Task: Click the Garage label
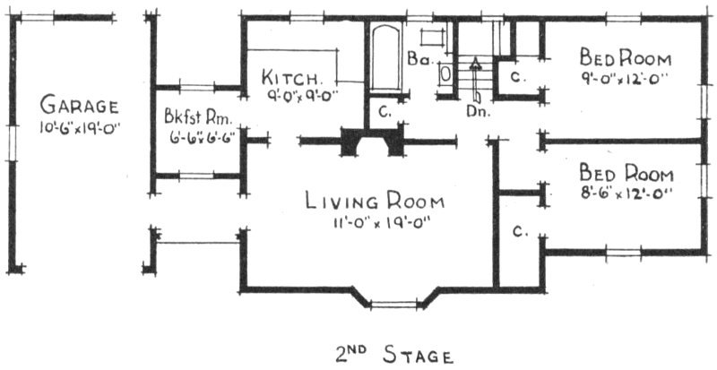pyautogui.click(x=79, y=105)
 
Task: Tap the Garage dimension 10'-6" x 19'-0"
pyautogui.click(x=80, y=127)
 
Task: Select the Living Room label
pyautogui.click(x=375, y=202)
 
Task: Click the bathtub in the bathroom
pyautogui.click(x=385, y=58)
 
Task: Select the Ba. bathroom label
pyautogui.click(x=418, y=59)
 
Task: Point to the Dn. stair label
pyautogui.click(x=479, y=111)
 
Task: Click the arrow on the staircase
pyautogui.click(x=476, y=79)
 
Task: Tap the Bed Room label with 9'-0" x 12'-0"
pyautogui.click(x=625, y=58)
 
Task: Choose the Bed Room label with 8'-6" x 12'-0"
pyautogui.click(x=626, y=174)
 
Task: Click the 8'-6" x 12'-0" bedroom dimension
pyautogui.click(x=626, y=194)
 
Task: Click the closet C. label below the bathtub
pyautogui.click(x=384, y=112)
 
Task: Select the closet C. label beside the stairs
pyautogui.click(x=516, y=78)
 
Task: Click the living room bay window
pyautogui.click(x=393, y=303)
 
